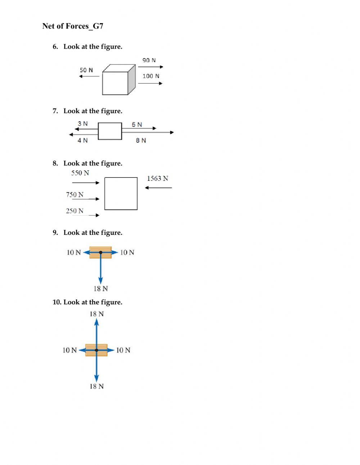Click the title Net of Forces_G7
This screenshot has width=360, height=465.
pyautogui.click(x=73, y=26)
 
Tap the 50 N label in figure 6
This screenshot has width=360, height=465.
pyautogui.click(x=86, y=70)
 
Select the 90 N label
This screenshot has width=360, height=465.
pyautogui.click(x=149, y=60)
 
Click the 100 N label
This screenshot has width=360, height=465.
pyautogui.click(x=151, y=76)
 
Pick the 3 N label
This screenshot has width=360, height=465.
pyautogui.click(x=82, y=124)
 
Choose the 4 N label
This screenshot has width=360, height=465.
pyautogui.click(x=82, y=140)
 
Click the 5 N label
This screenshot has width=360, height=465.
pyautogui.click(x=137, y=125)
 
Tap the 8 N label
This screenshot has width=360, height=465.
pyautogui.click(x=141, y=140)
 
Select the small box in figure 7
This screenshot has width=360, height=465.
pyautogui.click(x=110, y=131)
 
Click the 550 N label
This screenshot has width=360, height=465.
pyautogui.click(x=80, y=173)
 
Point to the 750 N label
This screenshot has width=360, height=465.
pyautogui.click(x=75, y=195)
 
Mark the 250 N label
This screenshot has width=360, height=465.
pyautogui.click(x=75, y=211)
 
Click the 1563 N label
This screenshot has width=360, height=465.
pyautogui.click(x=157, y=179)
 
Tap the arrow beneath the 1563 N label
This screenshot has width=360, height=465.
pyautogui.click(x=158, y=188)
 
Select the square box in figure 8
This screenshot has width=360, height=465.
pyautogui.click(x=121, y=193)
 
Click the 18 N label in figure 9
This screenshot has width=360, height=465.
pyautogui.click(x=100, y=289)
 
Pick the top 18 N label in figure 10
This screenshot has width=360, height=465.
pyautogui.click(x=96, y=314)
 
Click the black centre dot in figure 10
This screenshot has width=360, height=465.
pyautogui.click(x=96, y=350)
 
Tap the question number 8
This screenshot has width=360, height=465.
pyautogui.click(x=55, y=164)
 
